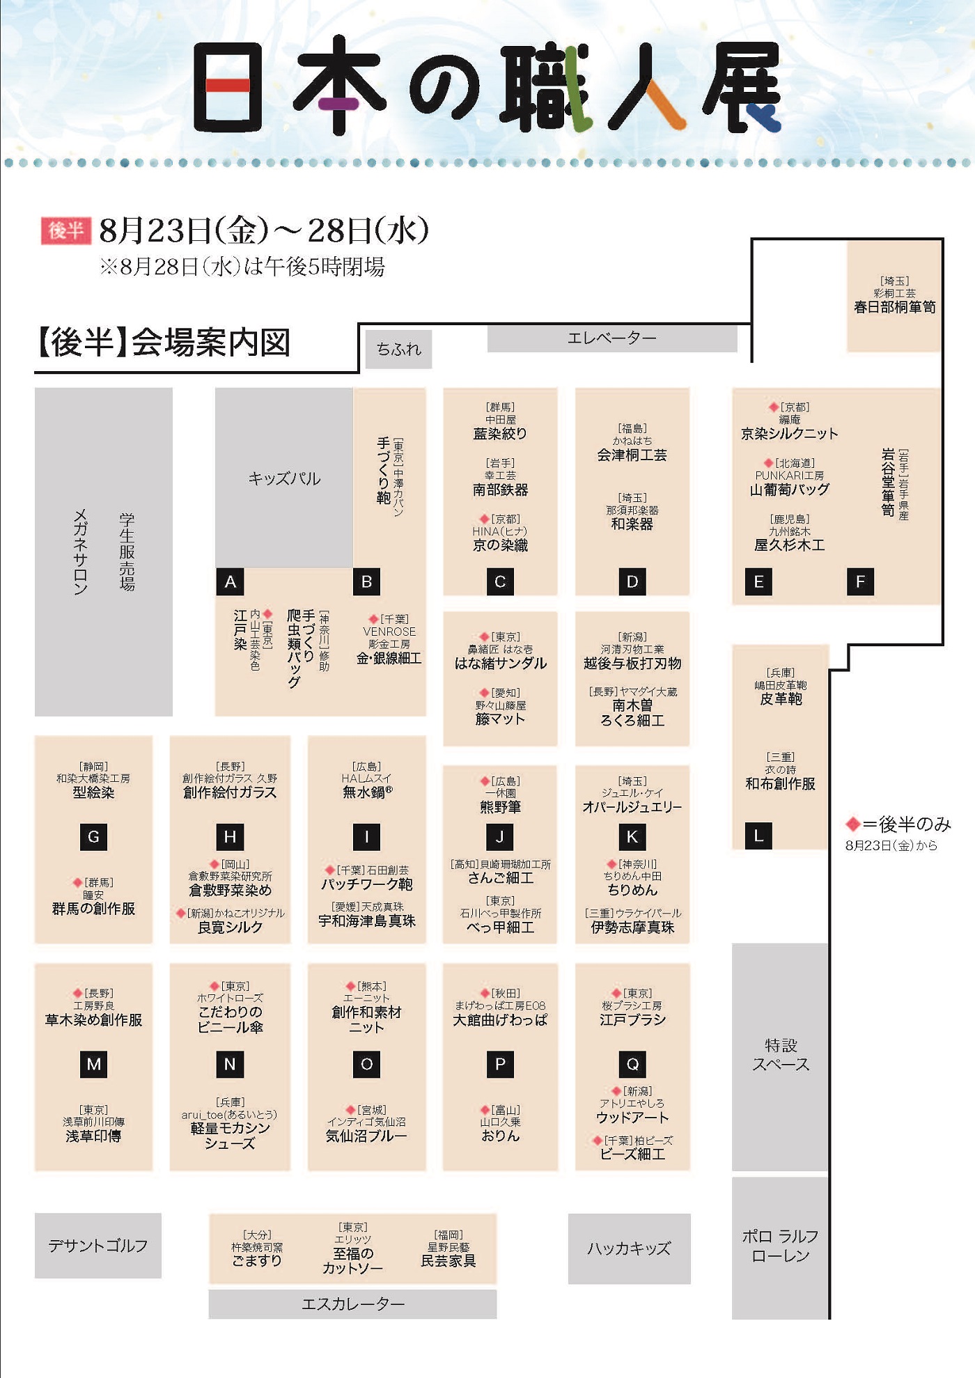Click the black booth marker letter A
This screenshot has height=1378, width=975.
230,581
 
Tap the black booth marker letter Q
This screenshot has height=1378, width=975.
632,1064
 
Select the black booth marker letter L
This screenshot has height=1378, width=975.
758,836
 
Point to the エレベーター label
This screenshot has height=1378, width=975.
611,338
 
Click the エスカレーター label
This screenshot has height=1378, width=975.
353,1304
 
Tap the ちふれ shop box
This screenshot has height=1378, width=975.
399,349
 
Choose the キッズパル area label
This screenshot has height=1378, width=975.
285,478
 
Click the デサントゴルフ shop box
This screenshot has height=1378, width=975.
98,1246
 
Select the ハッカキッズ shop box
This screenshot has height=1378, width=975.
630,1248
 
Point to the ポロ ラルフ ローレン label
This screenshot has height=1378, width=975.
780,1246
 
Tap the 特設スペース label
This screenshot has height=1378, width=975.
781,1055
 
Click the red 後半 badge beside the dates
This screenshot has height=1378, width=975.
66,230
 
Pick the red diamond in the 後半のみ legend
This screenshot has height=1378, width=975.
852,824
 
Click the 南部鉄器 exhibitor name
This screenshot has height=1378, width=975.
500,490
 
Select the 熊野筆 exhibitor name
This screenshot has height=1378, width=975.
500,807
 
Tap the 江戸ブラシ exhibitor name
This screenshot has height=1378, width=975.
632,1019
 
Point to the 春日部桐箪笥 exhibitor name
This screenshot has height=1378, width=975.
895,307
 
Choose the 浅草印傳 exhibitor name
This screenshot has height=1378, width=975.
93,1136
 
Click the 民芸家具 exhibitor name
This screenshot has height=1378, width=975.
448,1260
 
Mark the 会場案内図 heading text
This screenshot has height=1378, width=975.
211,343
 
